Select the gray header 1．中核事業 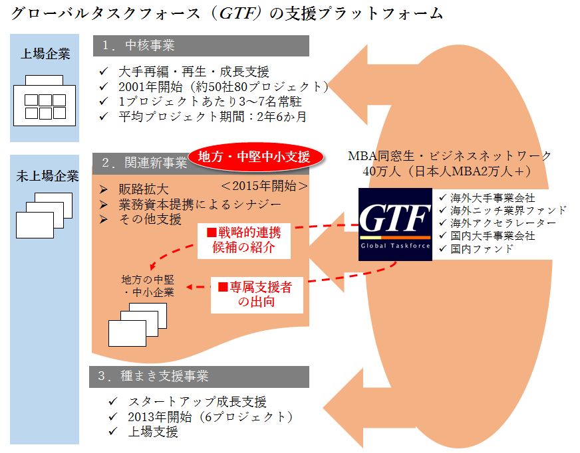200,46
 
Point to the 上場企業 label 45,54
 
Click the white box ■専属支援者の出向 256,294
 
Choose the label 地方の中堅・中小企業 148,285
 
